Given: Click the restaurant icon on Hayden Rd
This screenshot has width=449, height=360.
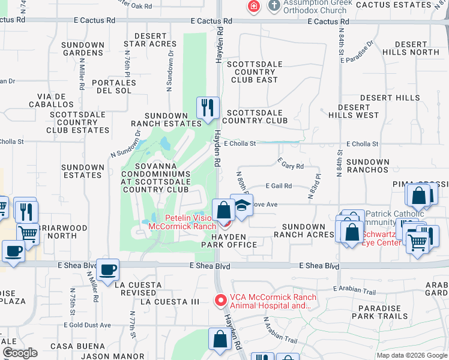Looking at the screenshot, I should pyautogui.click(x=208, y=108).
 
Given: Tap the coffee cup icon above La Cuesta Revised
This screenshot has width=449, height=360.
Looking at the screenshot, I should pyautogui.click(x=108, y=269).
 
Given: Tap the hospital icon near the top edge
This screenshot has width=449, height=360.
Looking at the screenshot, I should pyautogui.click(x=254, y=7).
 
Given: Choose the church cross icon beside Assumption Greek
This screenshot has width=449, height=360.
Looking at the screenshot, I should pyautogui.click(x=274, y=7).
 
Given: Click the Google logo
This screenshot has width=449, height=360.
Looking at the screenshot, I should pyautogui.click(x=20, y=353).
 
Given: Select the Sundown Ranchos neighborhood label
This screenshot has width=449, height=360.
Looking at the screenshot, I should pyautogui.click(x=368, y=166).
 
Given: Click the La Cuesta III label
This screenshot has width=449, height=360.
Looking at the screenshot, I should pyautogui.click(x=169, y=302).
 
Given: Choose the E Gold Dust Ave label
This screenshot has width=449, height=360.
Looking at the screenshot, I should pyautogui.click(x=89, y=325).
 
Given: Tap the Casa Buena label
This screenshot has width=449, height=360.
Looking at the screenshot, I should pyautogui.click(x=70, y=346).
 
